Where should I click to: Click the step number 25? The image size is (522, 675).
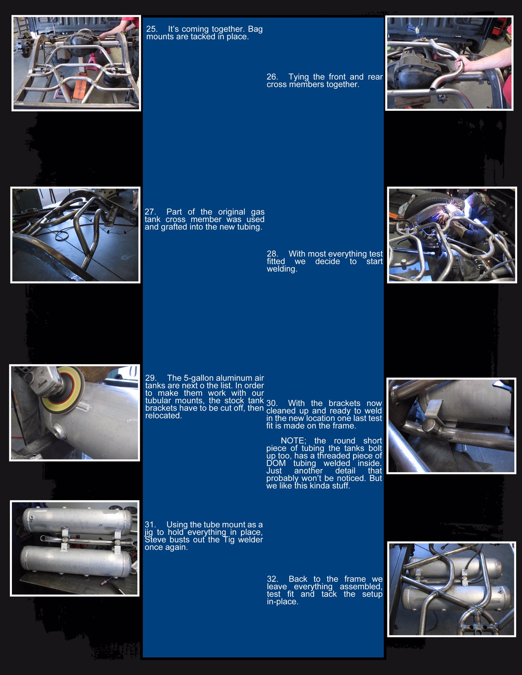coord(151,29)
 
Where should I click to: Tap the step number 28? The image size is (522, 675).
coord(272,254)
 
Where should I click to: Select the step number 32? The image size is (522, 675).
coord(272,579)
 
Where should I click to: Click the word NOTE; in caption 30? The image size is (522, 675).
coord(293,441)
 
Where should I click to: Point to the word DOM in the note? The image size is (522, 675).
coord(276,464)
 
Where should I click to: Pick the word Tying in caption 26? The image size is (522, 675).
coord(298,77)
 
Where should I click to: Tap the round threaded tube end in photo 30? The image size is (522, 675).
coord(430,427)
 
